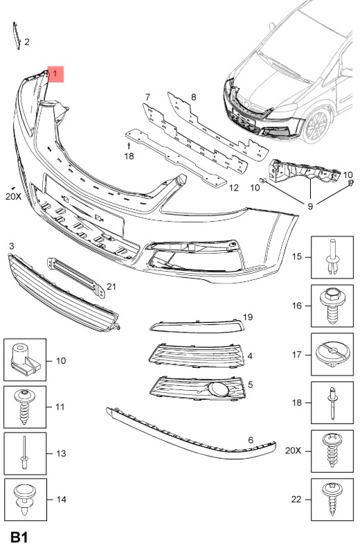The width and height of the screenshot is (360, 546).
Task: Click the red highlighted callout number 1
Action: pyautogui.click(x=55, y=73)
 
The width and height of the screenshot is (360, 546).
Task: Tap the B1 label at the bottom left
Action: pyautogui.click(x=19, y=536)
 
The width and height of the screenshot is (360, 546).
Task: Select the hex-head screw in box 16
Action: pyautogui.click(x=332, y=306)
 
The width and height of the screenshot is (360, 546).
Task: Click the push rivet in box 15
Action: pyautogui.click(x=332, y=256)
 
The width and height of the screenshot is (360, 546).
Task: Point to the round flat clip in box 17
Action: pyautogui.click(x=333, y=354)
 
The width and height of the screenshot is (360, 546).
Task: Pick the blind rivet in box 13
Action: pyautogui.click(x=24, y=453)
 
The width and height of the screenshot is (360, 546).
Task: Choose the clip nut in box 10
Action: pyautogui.click(x=25, y=360)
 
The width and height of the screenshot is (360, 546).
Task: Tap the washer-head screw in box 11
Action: pyautogui.click(x=24, y=406)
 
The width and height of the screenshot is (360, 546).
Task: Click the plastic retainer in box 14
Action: pyautogui.click(x=25, y=500)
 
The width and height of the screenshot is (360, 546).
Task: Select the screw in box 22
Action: pyautogui.click(x=332, y=499)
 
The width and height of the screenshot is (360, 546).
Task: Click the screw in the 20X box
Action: pyautogui.click(x=332, y=450)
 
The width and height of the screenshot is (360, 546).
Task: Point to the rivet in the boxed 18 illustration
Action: pyautogui.click(x=332, y=403)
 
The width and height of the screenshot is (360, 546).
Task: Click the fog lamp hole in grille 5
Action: pyautogui.click(x=220, y=389)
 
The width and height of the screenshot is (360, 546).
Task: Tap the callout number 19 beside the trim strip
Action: pyautogui.click(x=248, y=317)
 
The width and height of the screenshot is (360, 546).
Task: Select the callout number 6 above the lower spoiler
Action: pyautogui.click(x=251, y=440)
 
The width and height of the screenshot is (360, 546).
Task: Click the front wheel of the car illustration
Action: pyautogui.click(x=316, y=125)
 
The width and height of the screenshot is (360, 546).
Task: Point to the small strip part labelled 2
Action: pyautogui.click(x=17, y=35)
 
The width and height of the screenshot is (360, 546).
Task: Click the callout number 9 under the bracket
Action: pyautogui.click(x=310, y=206)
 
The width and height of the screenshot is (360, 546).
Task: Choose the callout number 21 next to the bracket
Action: pyautogui.click(x=111, y=287)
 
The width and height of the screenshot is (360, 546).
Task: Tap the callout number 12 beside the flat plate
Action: pyautogui.click(x=234, y=188)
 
